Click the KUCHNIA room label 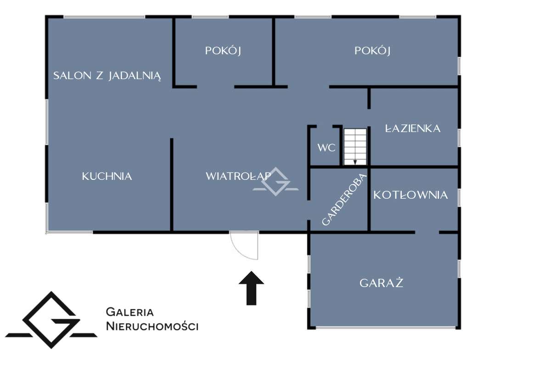pos(107,176)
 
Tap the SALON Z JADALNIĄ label pos(107,76)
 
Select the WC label pos(326,148)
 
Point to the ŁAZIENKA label pos(413,128)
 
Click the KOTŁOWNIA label pos(410,195)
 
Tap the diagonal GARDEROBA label pos(344,199)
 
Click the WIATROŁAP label pos(238,176)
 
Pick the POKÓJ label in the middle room pos(223,51)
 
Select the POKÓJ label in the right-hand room pos(372,51)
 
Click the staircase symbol pos(355,147)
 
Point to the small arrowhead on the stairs pos(355,162)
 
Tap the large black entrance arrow pos(252,288)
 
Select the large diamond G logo pos(51,320)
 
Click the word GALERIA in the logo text pos(130,312)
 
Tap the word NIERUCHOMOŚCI pos(152,326)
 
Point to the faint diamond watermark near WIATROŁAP pos(276,182)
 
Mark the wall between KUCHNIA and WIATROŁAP pos(172,185)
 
